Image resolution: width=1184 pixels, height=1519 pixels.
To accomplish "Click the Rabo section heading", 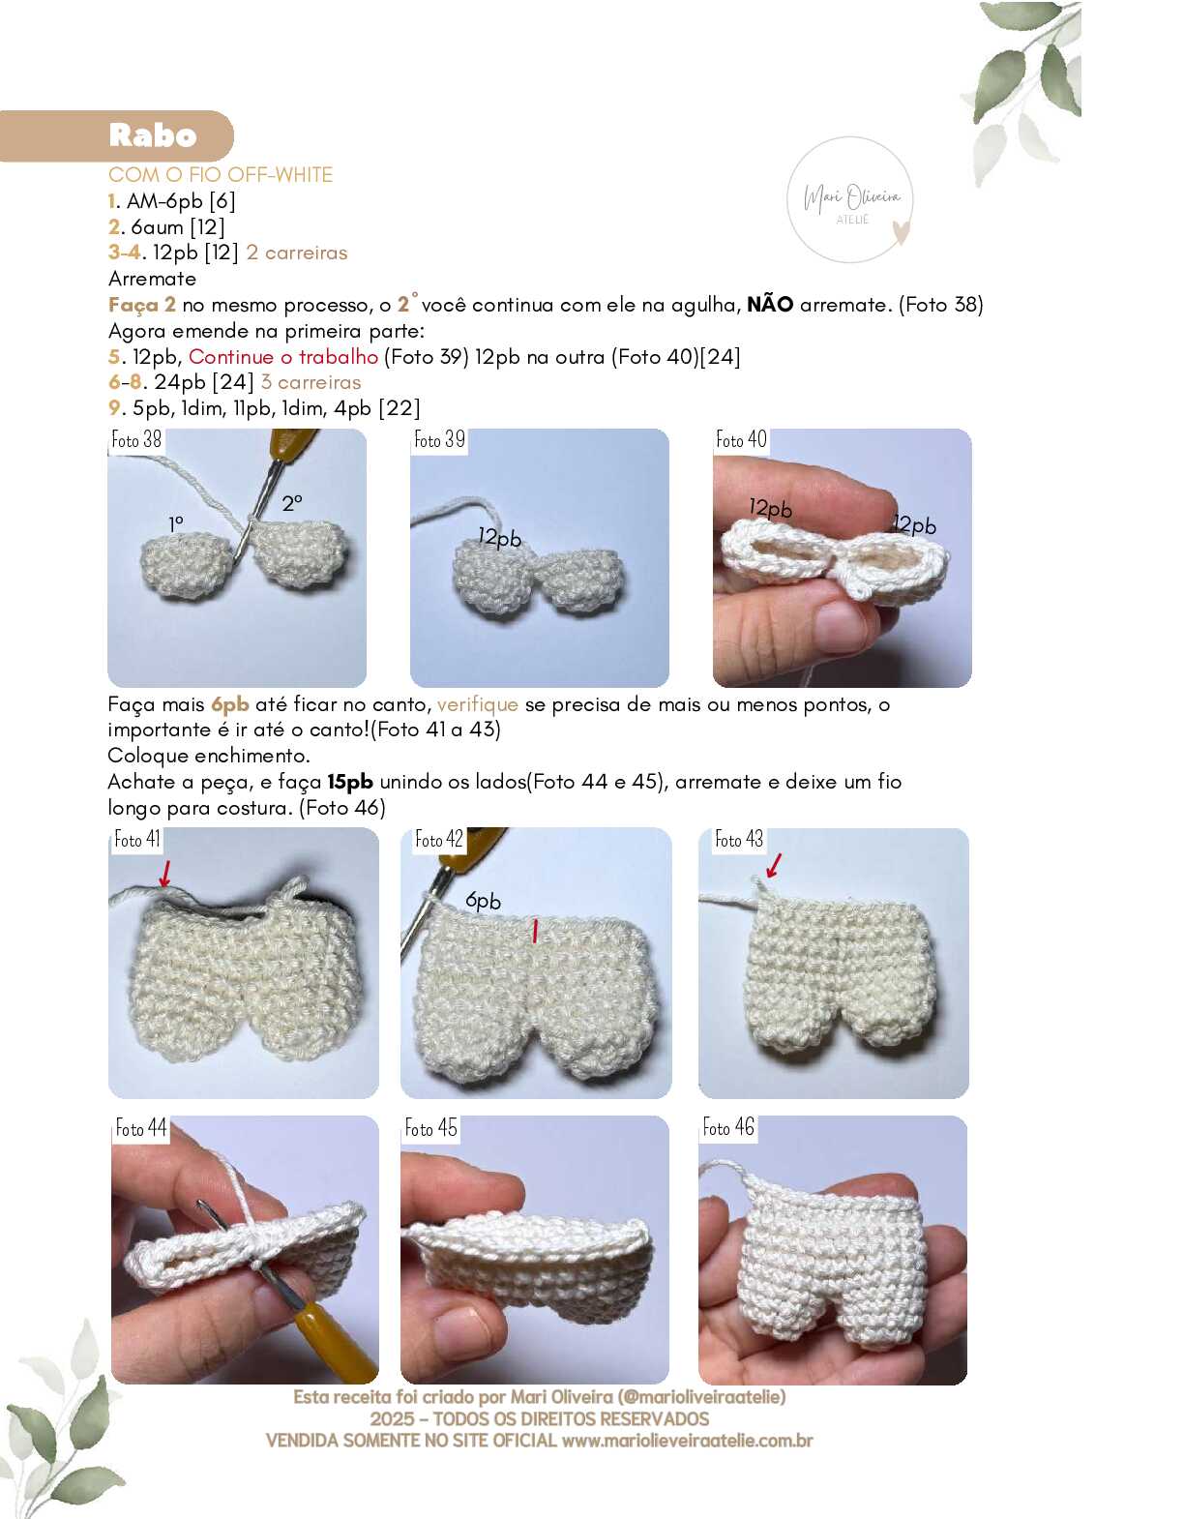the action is (x=153, y=135).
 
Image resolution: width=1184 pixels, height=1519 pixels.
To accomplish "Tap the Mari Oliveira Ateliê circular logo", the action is (x=850, y=200).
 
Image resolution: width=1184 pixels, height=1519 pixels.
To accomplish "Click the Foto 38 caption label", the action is (x=136, y=439).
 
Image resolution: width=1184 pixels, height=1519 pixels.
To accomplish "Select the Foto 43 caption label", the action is (x=739, y=839).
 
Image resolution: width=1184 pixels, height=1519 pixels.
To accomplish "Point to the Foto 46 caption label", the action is (x=728, y=1127).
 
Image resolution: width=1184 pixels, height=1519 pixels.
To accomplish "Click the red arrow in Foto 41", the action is (x=165, y=874).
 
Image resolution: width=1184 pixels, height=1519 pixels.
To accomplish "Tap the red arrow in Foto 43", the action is (x=774, y=865).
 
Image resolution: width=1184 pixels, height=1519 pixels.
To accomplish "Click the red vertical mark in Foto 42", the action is (x=535, y=931).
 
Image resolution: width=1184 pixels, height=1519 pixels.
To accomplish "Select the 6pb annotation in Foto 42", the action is (x=483, y=901).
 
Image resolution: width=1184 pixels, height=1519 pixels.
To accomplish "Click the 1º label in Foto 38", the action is (x=176, y=523).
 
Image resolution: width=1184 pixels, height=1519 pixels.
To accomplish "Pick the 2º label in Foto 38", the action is (x=292, y=502).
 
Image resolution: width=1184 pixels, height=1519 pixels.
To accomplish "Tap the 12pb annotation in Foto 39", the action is (x=500, y=537).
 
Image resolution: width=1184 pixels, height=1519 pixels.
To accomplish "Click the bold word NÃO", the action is (x=770, y=305).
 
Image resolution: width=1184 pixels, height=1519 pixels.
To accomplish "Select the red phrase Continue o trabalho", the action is (x=283, y=356).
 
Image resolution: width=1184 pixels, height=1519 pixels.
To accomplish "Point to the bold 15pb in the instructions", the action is (x=350, y=782).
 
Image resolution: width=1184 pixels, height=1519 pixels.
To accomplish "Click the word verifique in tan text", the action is (x=478, y=704).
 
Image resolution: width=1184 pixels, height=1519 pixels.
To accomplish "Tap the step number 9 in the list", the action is (x=114, y=407).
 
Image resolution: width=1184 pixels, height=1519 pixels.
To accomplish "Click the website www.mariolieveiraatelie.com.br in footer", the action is (x=687, y=1441).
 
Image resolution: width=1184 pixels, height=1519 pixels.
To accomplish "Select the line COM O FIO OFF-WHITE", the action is (x=221, y=175).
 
